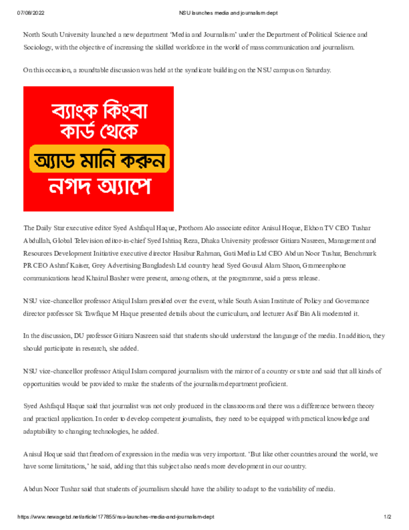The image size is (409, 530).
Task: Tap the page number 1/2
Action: tap(388, 517)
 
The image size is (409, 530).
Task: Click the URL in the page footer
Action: tap(116, 517)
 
